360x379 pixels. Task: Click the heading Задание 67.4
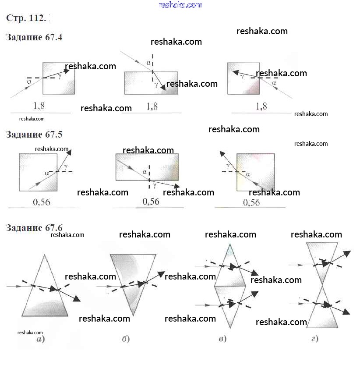[x=34, y=37]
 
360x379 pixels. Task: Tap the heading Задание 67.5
[x=34, y=134]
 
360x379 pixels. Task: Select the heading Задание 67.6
[x=34, y=227]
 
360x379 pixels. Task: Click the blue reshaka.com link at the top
[x=180, y=5]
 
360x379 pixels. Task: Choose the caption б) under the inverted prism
[x=126, y=339]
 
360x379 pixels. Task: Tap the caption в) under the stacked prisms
[x=221, y=339]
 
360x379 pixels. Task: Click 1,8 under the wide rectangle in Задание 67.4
[x=152, y=106]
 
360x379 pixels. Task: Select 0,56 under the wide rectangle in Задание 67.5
[x=151, y=202]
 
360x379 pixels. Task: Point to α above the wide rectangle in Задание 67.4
[x=148, y=63]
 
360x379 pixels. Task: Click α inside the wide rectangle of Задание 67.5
[x=144, y=172]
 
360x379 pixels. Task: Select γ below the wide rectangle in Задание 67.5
[x=155, y=185]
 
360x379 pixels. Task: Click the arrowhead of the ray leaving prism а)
[x=77, y=299]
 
